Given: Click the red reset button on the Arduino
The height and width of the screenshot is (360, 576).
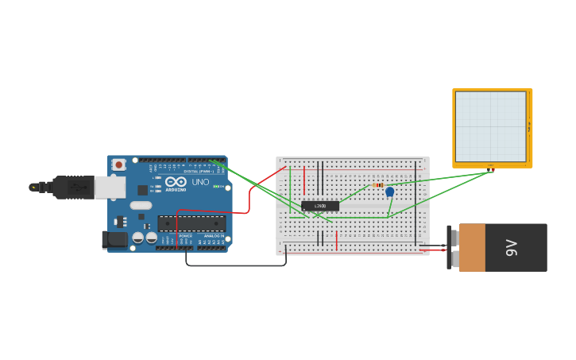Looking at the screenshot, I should tap(118, 165).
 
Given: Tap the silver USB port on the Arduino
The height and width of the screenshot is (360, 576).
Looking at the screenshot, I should tap(110, 188).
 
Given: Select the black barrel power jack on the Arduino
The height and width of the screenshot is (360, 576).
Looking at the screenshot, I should tap(115, 239).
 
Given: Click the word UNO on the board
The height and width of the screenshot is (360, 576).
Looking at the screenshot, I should tap(200, 182).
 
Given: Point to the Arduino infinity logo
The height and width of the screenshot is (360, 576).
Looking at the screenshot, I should tap(176, 182).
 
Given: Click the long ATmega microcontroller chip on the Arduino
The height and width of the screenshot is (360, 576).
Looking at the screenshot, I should tap(191, 223).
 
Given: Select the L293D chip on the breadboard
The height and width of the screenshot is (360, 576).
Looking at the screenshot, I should tap(320, 206).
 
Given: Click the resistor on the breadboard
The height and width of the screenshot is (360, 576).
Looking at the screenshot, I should tap(378, 185).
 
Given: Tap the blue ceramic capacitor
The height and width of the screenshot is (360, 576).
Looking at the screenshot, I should tap(389, 192).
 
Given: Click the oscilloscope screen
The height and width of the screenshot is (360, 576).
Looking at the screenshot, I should tap(490, 126).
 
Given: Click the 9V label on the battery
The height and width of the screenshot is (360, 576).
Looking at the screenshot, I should tap(512, 247).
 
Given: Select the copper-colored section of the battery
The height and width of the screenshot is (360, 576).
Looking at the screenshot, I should tap(472, 247).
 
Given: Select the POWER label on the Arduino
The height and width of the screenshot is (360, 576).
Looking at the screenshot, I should tap(185, 236).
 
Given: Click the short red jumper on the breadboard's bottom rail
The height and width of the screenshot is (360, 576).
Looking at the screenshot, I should tap(337, 240).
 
